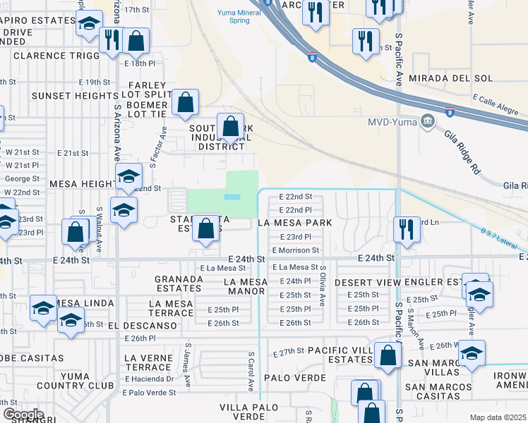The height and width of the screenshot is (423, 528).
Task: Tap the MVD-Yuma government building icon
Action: click(427, 122)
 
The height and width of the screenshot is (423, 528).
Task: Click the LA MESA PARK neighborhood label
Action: click(294, 223)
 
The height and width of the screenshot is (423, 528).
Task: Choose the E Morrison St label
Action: click(296, 250)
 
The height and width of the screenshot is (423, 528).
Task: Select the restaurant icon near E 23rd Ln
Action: click(407, 229)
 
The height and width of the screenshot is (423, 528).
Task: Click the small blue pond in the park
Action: click(232, 197)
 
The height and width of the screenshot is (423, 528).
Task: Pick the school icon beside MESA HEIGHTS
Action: click(128, 178)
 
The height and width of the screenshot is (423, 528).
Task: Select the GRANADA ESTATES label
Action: click(179, 283)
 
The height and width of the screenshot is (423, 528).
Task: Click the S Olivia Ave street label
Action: click(323, 285)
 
